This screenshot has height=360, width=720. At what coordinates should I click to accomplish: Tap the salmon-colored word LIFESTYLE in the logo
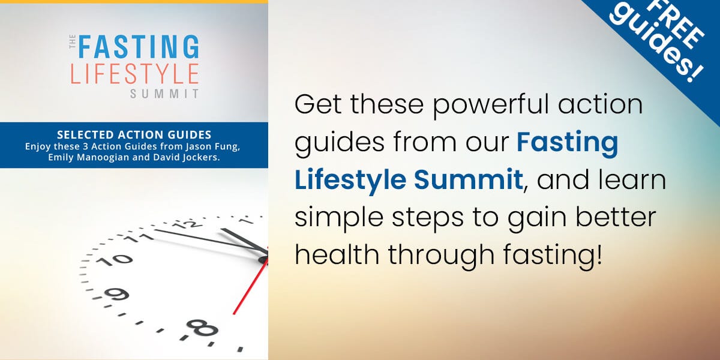(134, 75)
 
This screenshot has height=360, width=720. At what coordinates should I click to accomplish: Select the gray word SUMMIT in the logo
(164, 94)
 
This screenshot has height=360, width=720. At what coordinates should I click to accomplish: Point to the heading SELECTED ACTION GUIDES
(134, 135)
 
